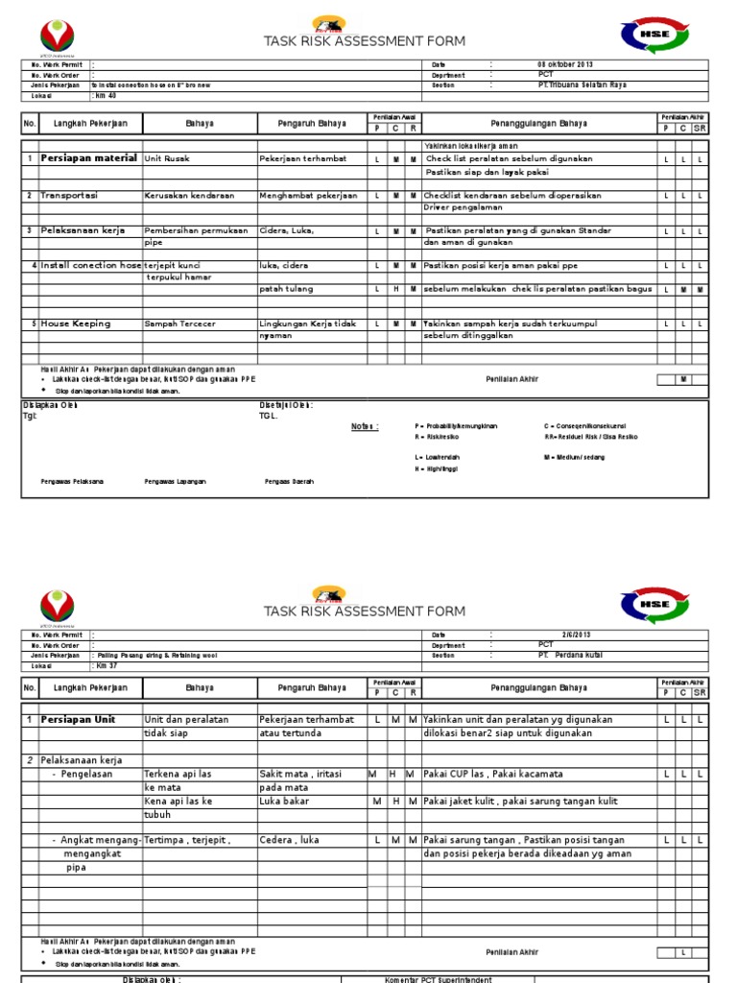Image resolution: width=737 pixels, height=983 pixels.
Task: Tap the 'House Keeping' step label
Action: tap(75, 324)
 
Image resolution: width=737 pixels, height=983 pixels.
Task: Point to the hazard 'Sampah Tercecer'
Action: tap(180, 324)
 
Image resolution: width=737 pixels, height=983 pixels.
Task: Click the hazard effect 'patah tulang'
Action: tap(285, 289)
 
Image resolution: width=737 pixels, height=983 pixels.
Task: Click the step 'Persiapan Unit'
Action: tap(78, 719)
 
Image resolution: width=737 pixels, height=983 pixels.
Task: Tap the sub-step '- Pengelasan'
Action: tap(82, 774)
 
